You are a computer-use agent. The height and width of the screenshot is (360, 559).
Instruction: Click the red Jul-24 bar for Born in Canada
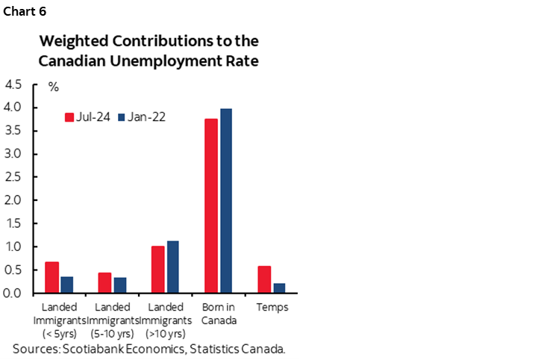(x=211, y=205)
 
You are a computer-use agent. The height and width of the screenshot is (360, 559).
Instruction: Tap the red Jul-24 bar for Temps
(x=264, y=279)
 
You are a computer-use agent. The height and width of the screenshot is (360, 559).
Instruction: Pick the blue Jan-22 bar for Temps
(x=279, y=288)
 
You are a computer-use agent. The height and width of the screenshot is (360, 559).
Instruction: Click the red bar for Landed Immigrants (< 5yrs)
(x=51, y=277)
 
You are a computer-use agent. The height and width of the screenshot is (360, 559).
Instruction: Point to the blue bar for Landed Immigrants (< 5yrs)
(x=67, y=285)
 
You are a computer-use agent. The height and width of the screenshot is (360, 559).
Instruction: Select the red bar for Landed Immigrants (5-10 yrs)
(x=104, y=282)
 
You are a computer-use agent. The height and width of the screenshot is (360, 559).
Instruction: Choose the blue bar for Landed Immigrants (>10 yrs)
(x=173, y=267)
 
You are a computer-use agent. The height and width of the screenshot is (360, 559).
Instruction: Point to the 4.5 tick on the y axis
(x=13, y=84)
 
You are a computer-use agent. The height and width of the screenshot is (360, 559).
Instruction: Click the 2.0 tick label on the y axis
(x=13, y=200)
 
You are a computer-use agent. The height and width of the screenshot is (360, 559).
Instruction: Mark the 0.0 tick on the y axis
(x=13, y=293)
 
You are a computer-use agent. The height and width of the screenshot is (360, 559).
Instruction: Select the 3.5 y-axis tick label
(x=13, y=131)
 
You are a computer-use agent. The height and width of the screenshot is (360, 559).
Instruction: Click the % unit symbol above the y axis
(x=53, y=87)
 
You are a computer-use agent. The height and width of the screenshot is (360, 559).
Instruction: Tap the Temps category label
(x=272, y=307)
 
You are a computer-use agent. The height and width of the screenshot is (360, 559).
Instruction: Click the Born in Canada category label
(x=219, y=313)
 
